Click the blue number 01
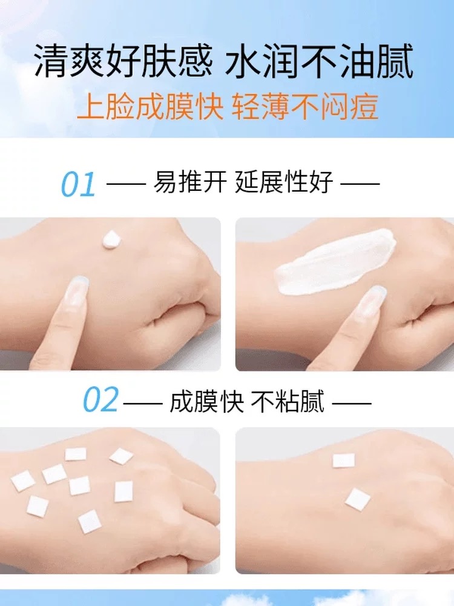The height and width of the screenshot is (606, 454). [x=78, y=184]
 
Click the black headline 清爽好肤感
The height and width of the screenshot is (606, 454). [x=123, y=61]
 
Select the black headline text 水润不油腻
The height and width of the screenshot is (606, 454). [x=319, y=61]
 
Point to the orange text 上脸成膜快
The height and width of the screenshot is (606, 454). [x=150, y=106]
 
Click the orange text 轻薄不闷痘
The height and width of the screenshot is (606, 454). [x=304, y=106]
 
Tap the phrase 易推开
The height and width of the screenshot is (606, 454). [x=190, y=182]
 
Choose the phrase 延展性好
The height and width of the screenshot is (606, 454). [x=284, y=182]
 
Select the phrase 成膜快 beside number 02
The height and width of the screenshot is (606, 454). [x=206, y=402]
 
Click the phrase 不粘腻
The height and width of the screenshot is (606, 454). [x=288, y=402]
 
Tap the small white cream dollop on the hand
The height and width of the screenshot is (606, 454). [x=111, y=239]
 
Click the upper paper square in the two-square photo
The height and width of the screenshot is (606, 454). [x=344, y=461]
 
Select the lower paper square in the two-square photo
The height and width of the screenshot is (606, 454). [x=358, y=499]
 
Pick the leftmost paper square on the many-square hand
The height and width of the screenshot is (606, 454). [x=23, y=482]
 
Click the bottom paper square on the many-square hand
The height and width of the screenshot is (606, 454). [x=90, y=521]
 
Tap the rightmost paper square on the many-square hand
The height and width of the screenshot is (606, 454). [x=123, y=491]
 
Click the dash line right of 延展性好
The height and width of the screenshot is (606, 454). [x=360, y=183]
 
